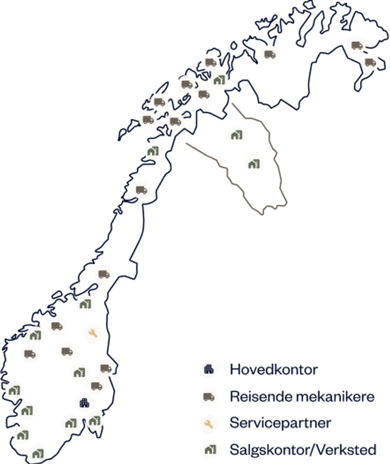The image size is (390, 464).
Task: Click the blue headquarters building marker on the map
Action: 84,402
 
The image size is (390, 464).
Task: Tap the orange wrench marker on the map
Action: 92,334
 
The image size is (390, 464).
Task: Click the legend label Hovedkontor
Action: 273,369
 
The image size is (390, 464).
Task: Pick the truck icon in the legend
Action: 208,397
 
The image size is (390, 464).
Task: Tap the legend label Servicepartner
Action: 280,423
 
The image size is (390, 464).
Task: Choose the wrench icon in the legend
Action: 208,423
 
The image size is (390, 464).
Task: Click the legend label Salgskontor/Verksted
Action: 303,450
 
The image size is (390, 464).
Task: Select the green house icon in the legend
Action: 208,450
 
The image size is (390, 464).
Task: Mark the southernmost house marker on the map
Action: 38,454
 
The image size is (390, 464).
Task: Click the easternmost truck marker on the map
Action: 370,62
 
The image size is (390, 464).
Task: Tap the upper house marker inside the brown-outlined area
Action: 236,134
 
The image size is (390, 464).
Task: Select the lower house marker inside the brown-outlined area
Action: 254,164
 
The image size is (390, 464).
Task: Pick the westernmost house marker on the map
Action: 14,390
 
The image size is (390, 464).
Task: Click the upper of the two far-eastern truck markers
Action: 357,45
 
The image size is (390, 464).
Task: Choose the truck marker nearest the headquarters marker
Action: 96,386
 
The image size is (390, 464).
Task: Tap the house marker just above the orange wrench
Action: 85,304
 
